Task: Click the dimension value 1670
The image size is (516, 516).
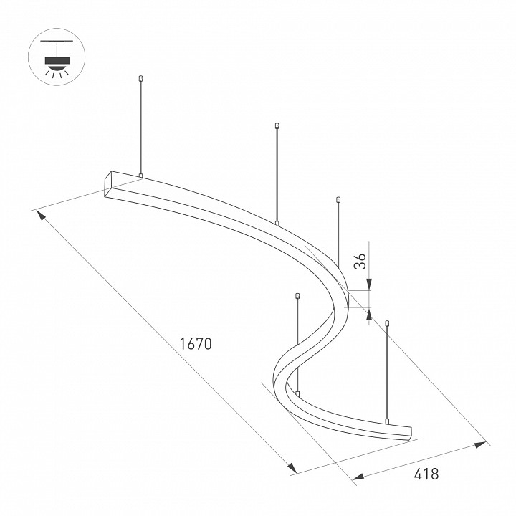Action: (196, 344)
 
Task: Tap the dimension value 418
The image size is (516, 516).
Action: (426, 474)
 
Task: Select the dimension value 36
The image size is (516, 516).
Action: (360, 262)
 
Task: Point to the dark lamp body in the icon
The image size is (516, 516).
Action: (57, 60)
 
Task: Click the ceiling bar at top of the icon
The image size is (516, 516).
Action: (57, 42)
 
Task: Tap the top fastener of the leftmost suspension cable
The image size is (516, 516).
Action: (141, 79)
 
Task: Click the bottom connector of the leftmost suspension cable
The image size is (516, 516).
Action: (141, 176)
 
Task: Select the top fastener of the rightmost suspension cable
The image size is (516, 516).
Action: (387, 322)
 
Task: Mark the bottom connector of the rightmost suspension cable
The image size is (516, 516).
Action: (387, 421)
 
